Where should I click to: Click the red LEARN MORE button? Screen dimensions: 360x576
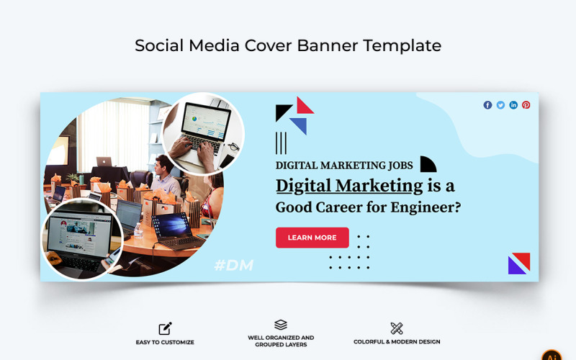312,238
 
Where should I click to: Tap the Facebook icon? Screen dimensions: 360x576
487,105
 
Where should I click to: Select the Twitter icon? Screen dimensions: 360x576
500,105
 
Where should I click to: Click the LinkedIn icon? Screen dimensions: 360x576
513,105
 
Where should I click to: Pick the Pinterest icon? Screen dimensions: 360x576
526,105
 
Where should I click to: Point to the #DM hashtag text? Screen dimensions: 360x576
234,266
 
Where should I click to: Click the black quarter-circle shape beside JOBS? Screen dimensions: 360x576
427,165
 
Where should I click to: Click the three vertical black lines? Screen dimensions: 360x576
281,143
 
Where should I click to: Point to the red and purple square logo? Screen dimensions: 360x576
518,264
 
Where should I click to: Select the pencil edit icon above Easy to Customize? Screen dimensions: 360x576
165,328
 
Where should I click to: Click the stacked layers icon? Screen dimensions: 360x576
281,325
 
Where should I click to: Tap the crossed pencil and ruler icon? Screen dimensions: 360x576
397,328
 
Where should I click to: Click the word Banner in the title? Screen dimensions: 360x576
331,45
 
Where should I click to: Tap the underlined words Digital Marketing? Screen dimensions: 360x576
349,186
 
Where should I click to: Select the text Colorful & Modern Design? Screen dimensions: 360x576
397,342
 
